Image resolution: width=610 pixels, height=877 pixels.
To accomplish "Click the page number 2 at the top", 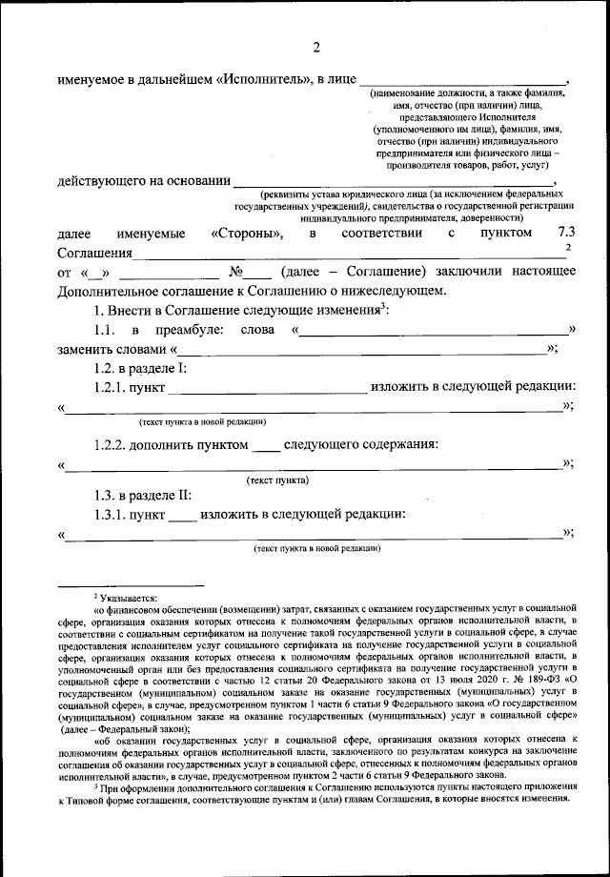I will pyautogui.click(x=316, y=49).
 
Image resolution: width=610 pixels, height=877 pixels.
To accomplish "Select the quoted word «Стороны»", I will pyautogui.click(x=246, y=234).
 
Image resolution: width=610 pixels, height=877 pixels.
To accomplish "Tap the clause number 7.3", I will pyautogui.click(x=566, y=234).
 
